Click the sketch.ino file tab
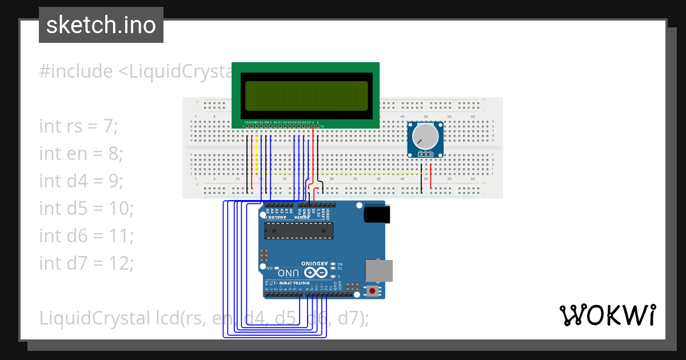click(x=101, y=25)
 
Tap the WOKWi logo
click(x=608, y=315)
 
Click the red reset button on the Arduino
click(x=373, y=291)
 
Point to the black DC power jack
click(x=377, y=214)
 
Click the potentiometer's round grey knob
click(x=425, y=136)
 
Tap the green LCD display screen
click(x=306, y=95)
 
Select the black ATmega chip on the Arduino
click(x=299, y=230)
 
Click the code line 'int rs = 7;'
click(x=78, y=126)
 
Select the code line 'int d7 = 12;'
click(x=86, y=263)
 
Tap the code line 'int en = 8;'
click(x=81, y=153)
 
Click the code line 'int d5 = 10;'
click(x=86, y=208)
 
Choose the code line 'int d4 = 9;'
click(x=81, y=181)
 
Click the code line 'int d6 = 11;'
click(x=86, y=235)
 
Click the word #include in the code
click(x=76, y=71)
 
